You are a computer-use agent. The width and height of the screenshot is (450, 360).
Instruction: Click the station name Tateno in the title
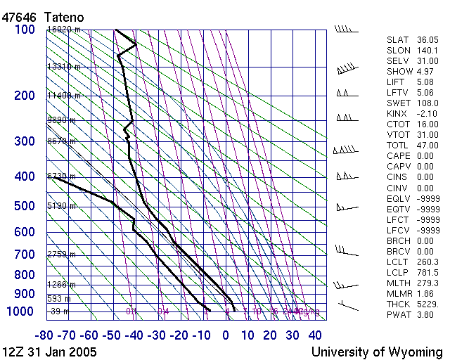pos(65,15)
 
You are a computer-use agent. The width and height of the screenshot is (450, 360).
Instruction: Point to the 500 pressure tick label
pos(25,206)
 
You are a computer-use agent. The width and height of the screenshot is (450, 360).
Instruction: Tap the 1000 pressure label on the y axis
pos(22,312)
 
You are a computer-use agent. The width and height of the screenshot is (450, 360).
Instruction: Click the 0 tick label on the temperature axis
pos(226,335)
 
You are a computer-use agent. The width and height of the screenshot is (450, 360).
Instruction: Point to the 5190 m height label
pos(62,206)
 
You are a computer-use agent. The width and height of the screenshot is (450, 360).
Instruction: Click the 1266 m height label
pos(62,285)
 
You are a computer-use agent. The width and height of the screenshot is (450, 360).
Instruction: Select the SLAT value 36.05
pos(427,40)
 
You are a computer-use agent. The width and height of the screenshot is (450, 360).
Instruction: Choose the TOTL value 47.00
pos(427,146)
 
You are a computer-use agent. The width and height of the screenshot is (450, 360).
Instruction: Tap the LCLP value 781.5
pos(427,272)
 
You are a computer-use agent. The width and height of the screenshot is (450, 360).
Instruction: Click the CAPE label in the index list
pos(399,156)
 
